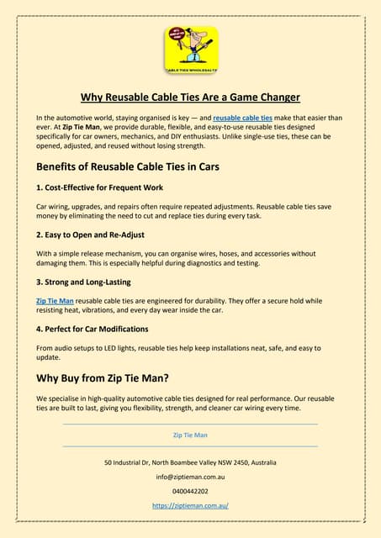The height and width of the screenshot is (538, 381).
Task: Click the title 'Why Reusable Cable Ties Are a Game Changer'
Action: coord(190,96)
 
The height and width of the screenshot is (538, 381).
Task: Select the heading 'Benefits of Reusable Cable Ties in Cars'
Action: coord(128,166)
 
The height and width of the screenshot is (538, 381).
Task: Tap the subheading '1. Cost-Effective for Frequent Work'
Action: coord(99,187)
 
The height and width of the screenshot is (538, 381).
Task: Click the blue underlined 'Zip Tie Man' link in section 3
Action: coord(56,299)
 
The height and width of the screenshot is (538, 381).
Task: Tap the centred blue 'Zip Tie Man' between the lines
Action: coord(190,435)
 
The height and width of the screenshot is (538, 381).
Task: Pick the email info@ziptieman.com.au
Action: coord(190,477)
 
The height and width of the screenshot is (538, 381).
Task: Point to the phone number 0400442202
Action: coord(190,491)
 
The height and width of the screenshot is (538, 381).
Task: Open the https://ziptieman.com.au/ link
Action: coord(190,506)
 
